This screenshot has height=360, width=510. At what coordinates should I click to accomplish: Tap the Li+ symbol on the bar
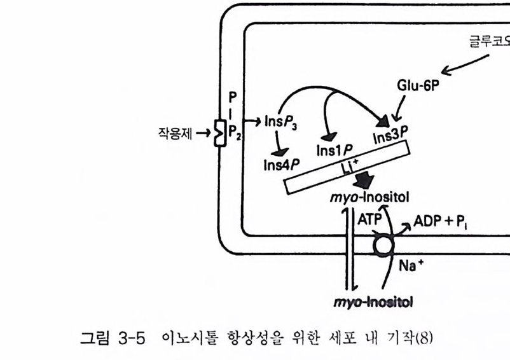[x=349, y=169]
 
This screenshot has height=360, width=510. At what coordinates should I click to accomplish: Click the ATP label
[x=368, y=218]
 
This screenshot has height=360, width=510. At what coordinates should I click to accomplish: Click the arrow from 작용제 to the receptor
[x=203, y=134]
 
